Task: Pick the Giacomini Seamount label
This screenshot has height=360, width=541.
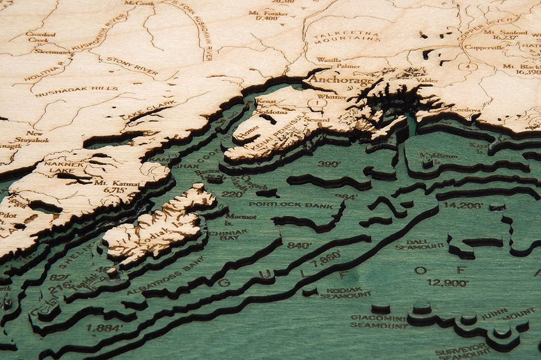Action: (379, 322)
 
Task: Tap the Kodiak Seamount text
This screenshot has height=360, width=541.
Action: (345, 292)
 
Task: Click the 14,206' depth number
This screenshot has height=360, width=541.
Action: (463, 205)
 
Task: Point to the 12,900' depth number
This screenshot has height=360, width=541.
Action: (447, 282)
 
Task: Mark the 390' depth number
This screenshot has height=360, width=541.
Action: (329, 164)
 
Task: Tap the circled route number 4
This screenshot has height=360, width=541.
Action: (468, 67)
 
